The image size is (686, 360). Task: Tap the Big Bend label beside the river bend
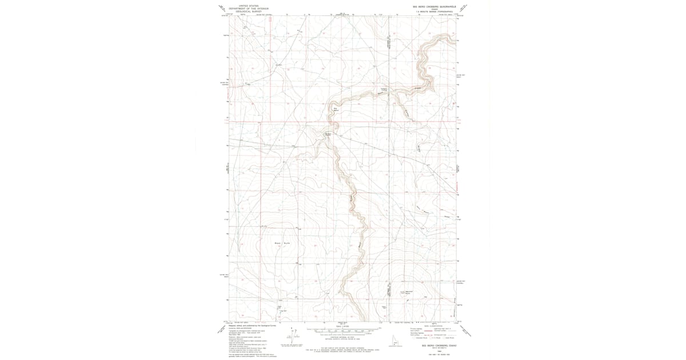point(336,110)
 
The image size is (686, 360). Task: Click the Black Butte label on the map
point(282,243)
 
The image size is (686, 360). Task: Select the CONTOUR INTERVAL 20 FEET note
point(343,338)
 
